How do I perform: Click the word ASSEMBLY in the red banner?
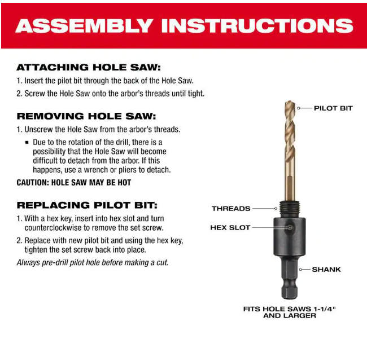tap(84, 26)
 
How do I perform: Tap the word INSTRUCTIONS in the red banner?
tap(257, 26)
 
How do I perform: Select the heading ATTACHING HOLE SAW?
tap(89, 67)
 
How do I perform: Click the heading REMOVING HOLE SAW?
tap(86, 116)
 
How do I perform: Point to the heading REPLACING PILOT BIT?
tap(87, 205)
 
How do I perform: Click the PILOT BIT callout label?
tap(333, 108)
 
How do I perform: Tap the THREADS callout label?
tap(231, 208)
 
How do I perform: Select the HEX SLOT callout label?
tap(230, 227)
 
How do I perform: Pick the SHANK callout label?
tap(326, 270)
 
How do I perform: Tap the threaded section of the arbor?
tap(289, 209)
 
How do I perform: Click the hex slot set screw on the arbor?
tap(290, 227)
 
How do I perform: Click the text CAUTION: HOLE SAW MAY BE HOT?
tap(74, 182)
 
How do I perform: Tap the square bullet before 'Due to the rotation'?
tap(27, 142)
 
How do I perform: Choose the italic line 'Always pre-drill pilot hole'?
tap(93, 262)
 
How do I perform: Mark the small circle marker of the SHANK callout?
tap(301, 270)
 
